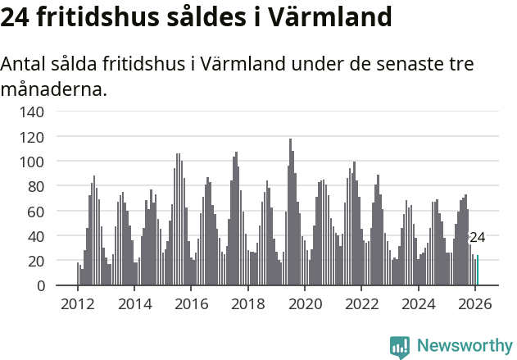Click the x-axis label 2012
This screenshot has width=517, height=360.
[78, 305]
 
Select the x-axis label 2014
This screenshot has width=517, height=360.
[134, 305]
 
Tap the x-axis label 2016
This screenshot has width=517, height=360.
[191, 305]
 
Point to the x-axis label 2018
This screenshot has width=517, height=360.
[247, 305]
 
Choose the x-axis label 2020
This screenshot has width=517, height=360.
[305, 305]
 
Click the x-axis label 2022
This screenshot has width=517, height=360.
[361, 305]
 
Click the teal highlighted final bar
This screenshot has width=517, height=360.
[478, 271]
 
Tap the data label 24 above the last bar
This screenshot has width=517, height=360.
[478, 238]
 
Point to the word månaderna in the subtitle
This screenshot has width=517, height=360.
[54, 89]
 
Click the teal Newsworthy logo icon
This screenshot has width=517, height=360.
[400, 347]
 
